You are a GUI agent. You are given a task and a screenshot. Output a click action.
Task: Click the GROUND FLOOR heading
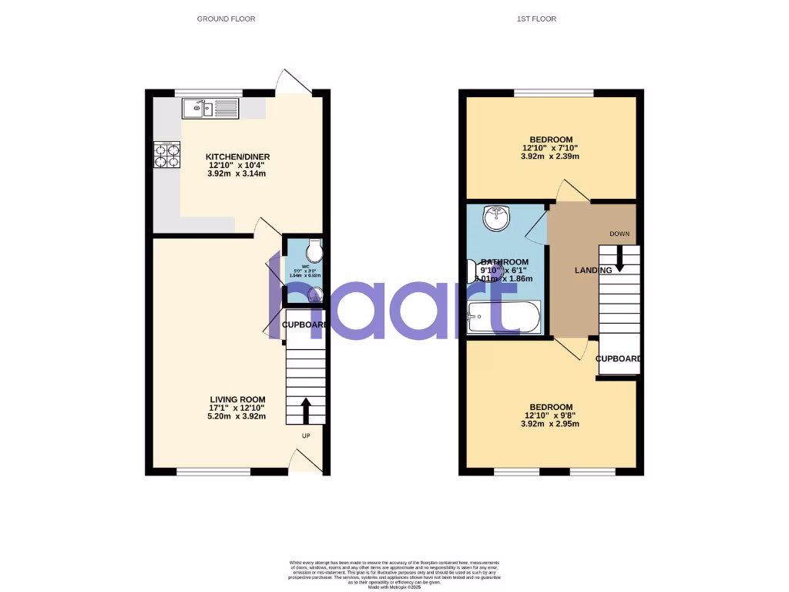pos(226,18)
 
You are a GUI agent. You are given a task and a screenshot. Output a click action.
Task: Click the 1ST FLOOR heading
pos(536,18)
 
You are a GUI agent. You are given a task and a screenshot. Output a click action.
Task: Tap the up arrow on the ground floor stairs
pos(306,410)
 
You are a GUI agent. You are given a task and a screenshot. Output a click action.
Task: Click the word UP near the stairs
pos(305,436)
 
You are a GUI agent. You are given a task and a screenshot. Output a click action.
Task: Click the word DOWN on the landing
pos(620,234)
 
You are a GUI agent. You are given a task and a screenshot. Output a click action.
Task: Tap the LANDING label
pos(593,270)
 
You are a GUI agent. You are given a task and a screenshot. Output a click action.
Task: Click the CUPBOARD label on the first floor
pos(620,359)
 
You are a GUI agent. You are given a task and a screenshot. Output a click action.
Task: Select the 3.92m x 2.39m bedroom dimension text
pos(550,156)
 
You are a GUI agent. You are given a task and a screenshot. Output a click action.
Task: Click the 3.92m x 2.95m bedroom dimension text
pos(550,424)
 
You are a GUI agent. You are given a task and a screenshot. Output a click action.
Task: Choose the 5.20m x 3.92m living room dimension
pos(237,416)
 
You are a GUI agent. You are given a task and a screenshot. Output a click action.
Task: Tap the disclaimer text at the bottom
pos(394,574)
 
